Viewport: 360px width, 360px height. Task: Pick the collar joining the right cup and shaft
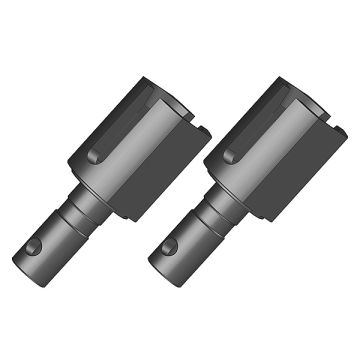(x=220, y=189)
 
